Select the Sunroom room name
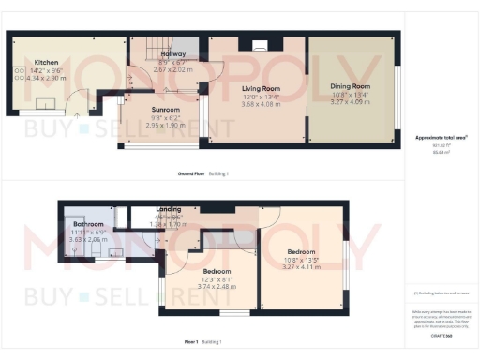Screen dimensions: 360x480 (165, 109)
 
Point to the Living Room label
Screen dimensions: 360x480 (256, 89)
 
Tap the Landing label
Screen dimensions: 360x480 (170, 209)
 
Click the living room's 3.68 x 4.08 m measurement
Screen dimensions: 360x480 (256, 103)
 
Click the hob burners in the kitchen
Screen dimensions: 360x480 (21, 70)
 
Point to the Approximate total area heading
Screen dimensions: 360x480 (442, 137)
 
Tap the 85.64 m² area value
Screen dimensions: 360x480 (441, 151)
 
